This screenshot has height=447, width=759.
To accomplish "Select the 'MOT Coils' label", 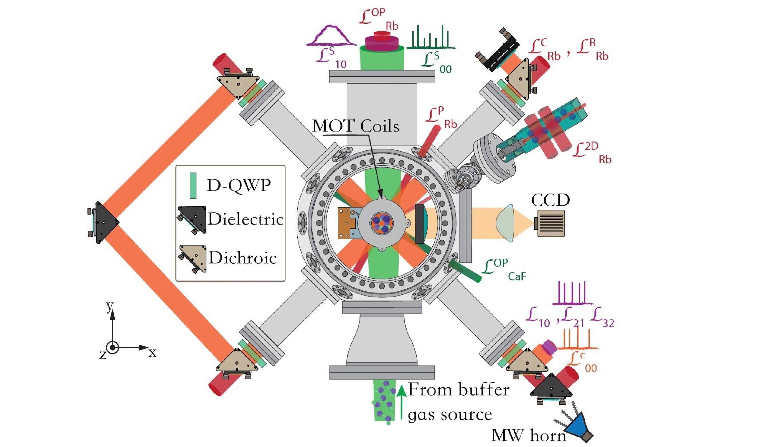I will tap(356, 126).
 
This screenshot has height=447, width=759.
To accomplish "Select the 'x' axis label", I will tap(153, 353).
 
